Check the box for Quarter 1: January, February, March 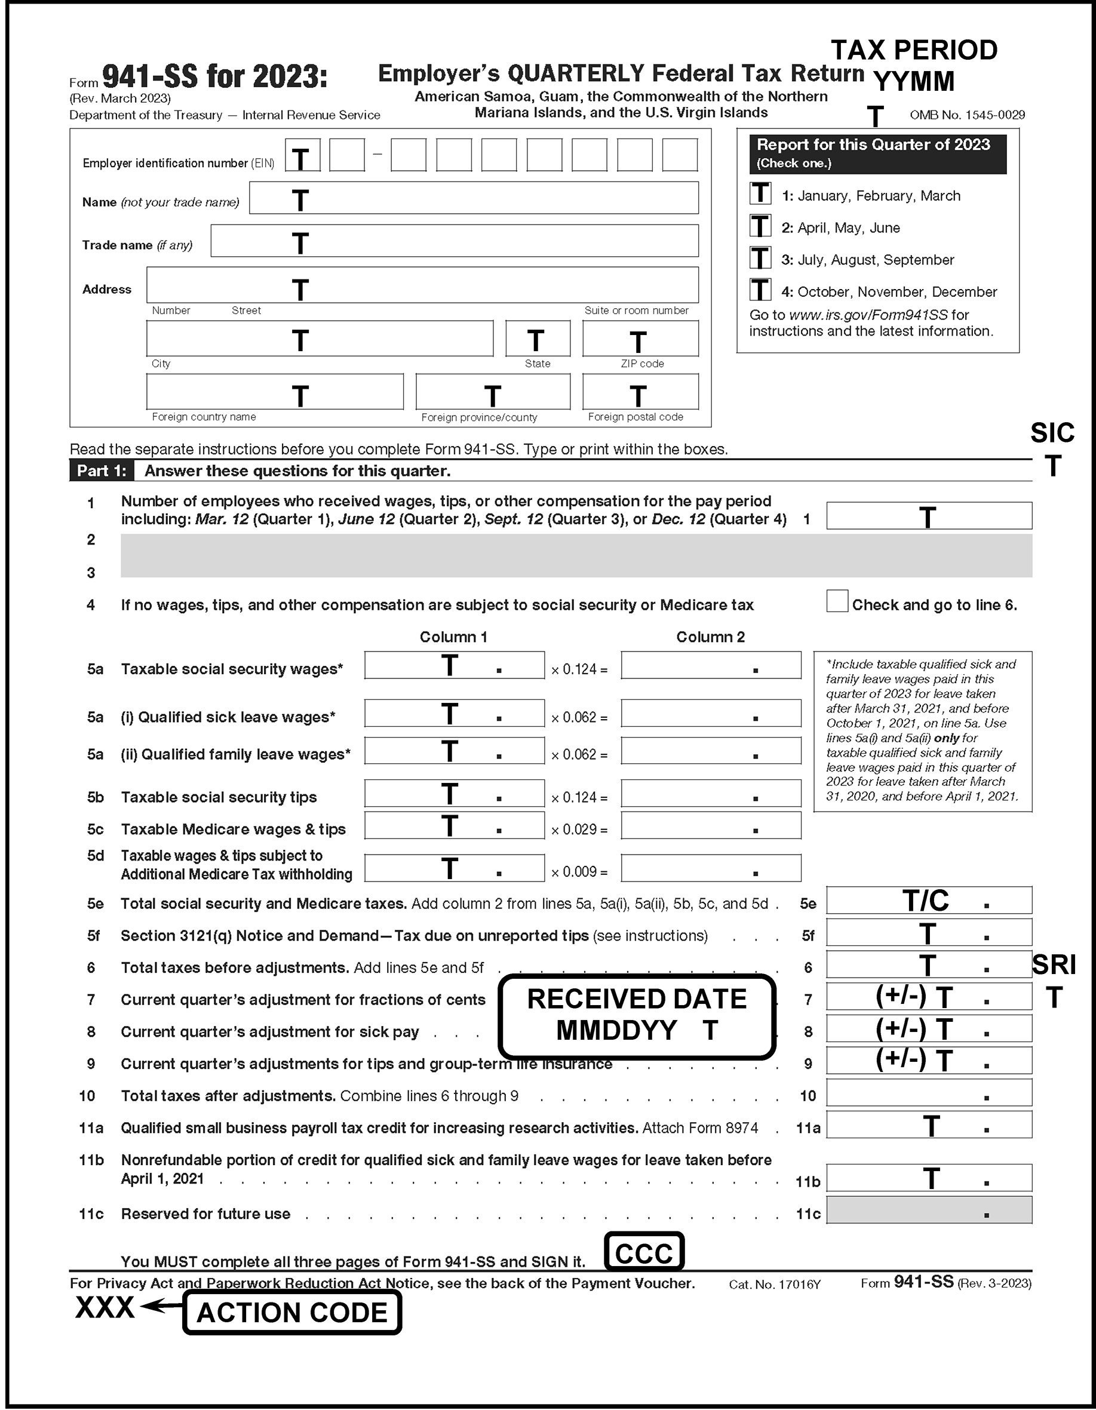(760, 193)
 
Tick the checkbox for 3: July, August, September (760, 257)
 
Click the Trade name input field (454, 241)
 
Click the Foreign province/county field (493, 392)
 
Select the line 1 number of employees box (929, 516)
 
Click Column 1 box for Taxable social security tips (454, 794)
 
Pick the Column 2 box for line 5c (710, 826)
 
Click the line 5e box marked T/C (929, 900)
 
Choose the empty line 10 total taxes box (929, 1092)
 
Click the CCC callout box (644, 1252)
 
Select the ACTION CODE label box (292, 1313)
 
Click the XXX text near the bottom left (105, 1308)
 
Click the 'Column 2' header (710, 637)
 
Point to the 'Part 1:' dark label (102, 471)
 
